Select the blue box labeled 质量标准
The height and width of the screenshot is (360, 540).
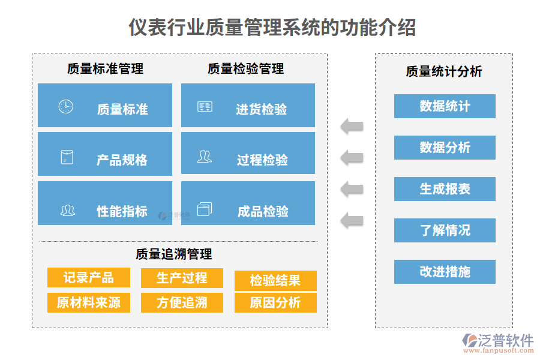point(105,106)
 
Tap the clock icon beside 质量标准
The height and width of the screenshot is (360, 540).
point(65,107)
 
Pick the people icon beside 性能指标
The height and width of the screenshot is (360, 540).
point(67,211)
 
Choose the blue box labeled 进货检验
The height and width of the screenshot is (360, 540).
point(248,106)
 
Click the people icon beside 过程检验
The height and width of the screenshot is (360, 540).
point(204,157)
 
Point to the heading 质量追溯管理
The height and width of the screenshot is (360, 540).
point(174,254)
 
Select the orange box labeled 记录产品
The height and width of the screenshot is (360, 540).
point(89,278)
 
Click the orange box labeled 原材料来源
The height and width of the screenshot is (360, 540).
point(89,302)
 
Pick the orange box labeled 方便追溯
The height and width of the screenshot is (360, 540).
point(182,302)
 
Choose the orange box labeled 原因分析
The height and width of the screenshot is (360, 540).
point(275,302)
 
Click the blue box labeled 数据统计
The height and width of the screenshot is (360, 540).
point(445,106)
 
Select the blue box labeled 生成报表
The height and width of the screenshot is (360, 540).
point(445,189)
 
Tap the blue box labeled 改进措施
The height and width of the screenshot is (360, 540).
point(445,272)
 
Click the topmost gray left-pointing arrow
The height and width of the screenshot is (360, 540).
point(352,126)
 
